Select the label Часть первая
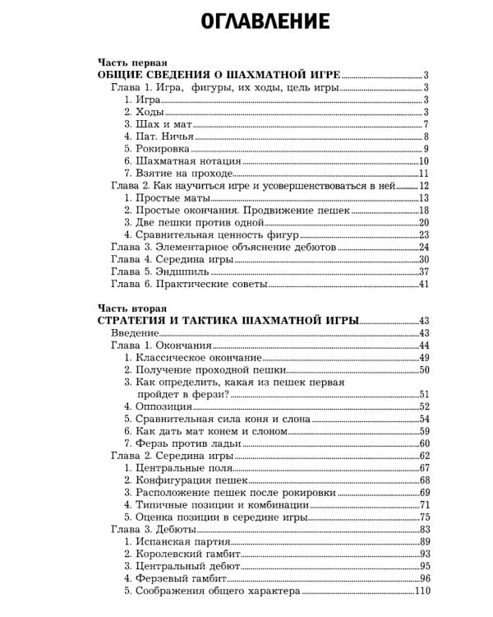coord(132,62)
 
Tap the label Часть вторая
coord(132,308)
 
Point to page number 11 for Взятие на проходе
coord(425,174)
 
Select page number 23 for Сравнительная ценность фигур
coord(425,234)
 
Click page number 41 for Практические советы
coord(425,284)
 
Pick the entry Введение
coord(134,333)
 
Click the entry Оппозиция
coord(156,406)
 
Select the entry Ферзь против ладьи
coord(183,443)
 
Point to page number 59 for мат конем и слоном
coord(425,431)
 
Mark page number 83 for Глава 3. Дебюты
coord(425,529)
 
